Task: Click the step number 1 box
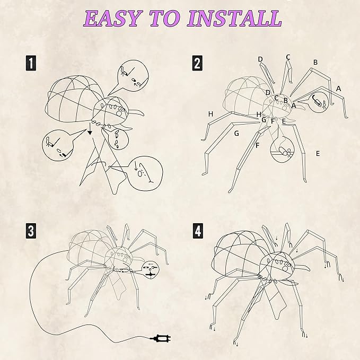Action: point(32,64)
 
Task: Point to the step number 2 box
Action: point(197,64)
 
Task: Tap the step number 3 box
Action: point(32,231)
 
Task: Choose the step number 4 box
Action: point(197,231)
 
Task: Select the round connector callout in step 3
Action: point(151,268)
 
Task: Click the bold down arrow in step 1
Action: point(90,129)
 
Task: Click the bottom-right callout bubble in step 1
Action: point(140,172)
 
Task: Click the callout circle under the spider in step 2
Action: point(284,151)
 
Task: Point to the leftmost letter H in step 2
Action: point(210,114)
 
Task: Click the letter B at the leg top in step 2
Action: point(315,62)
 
